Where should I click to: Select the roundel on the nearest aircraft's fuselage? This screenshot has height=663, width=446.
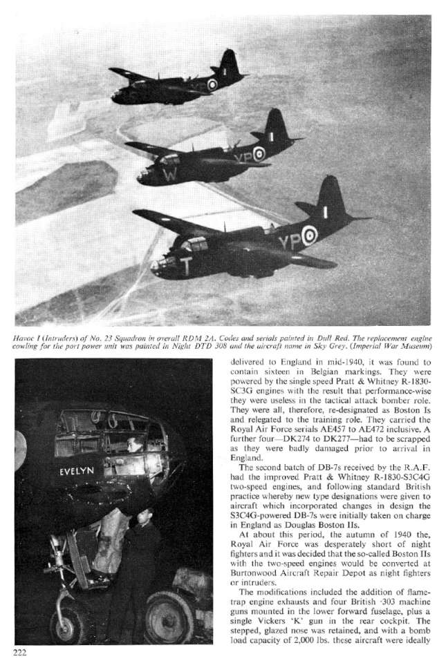tap(308, 238)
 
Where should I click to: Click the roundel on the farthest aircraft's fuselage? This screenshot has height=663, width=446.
tap(212, 84)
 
